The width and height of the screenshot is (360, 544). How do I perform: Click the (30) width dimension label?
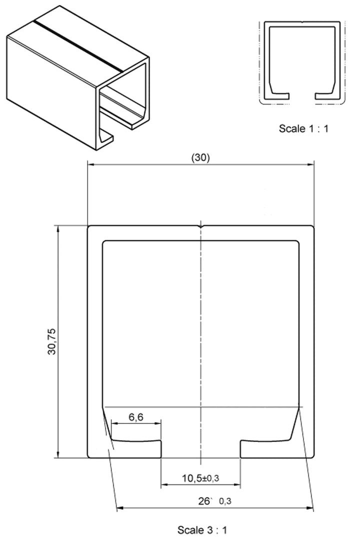[200, 158]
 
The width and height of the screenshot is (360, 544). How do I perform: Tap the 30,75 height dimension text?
[51, 341]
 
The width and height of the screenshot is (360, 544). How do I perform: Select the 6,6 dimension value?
[136, 417]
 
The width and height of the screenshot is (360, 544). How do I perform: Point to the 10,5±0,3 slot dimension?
[200, 478]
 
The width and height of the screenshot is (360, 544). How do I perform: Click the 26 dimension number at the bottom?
[204, 501]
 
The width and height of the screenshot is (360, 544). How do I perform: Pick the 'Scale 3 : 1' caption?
[202, 530]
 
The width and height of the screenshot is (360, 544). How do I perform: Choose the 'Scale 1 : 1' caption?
[303, 128]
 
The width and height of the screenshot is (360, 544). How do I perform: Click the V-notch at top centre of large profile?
[200, 227]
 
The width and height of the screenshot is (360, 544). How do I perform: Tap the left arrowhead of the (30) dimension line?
[91, 165]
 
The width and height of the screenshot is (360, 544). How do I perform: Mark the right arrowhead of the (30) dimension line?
[310, 165]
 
